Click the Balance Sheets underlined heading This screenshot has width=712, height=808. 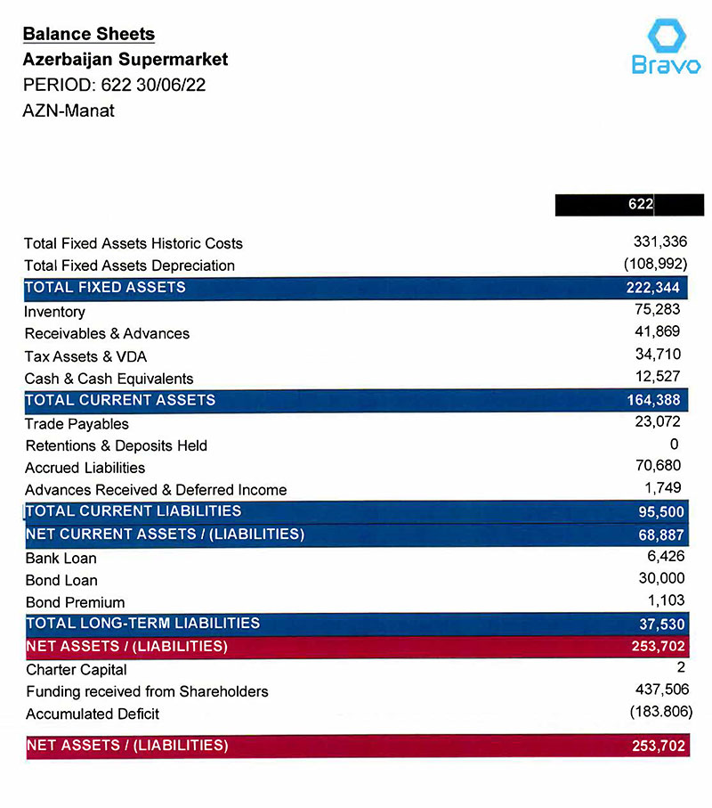click(x=88, y=35)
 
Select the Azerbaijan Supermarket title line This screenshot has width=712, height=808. click(x=125, y=61)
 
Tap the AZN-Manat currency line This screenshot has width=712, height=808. click(x=69, y=111)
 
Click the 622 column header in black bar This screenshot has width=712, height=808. click(x=640, y=205)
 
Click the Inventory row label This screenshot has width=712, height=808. click(x=55, y=312)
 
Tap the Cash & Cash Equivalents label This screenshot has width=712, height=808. click(x=109, y=379)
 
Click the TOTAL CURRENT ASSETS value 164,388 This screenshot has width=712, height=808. click(x=654, y=401)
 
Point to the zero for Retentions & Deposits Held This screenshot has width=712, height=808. click(x=674, y=445)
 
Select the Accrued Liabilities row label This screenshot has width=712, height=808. click(x=85, y=468)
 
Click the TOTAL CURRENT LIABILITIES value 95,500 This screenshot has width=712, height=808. click(x=659, y=512)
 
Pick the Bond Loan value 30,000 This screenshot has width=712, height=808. click(x=659, y=579)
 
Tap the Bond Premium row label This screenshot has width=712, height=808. click(x=75, y=602)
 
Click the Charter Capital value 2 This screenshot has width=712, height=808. click(x=678, y=667)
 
